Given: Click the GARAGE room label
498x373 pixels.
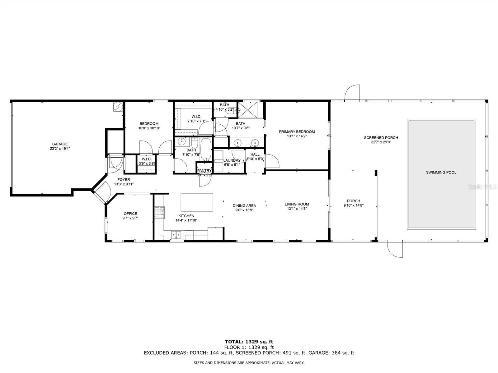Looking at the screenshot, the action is coord(60,144).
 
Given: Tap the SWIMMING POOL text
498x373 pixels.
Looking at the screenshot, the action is coord(441,172).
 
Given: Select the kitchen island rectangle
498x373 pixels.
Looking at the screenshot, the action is coord(197,202).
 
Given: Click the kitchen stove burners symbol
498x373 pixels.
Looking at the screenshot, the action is coord(159,213).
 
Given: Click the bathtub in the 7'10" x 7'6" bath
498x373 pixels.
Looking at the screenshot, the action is coord(206,149).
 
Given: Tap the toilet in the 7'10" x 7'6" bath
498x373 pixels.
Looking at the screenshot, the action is coord(195,143).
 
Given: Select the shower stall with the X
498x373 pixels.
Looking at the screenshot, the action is coord(247,110).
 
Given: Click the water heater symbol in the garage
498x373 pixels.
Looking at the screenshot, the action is coord(118,107).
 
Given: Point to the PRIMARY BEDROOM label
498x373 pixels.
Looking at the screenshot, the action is coord(297,132).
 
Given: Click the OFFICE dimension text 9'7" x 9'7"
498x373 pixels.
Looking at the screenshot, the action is coord(130,218).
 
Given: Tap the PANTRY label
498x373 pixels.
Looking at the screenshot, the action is coord(204,171).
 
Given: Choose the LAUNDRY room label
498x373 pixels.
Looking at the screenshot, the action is coord(232,160).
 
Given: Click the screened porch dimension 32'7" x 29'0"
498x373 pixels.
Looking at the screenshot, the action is coord(381,142).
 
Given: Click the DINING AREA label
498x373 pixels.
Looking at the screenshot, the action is coord(244,206).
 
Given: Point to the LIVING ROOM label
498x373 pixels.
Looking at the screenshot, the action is coord(297,204).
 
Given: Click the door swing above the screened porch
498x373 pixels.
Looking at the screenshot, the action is coord(352,92).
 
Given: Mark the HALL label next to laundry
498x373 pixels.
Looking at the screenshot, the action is coord(255,154).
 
